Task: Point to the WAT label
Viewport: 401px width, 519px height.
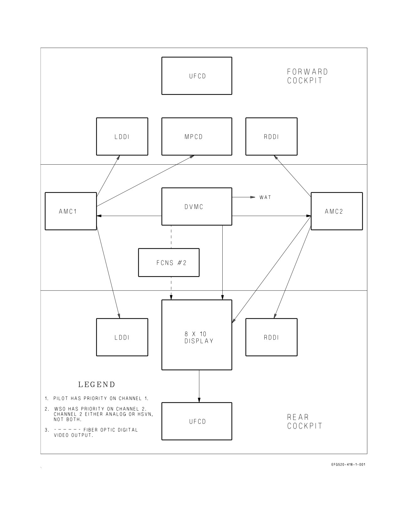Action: point(265,197)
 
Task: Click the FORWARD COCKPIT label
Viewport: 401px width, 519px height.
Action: point(307,76)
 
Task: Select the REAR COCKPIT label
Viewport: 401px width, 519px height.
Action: point(305,422)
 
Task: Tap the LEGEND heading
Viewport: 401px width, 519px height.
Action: point(97,385)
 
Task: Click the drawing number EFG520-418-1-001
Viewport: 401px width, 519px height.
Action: point(348,465)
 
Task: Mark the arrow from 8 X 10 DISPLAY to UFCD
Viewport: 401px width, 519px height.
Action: point(199,386)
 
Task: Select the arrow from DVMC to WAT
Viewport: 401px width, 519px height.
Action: point(244,197)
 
